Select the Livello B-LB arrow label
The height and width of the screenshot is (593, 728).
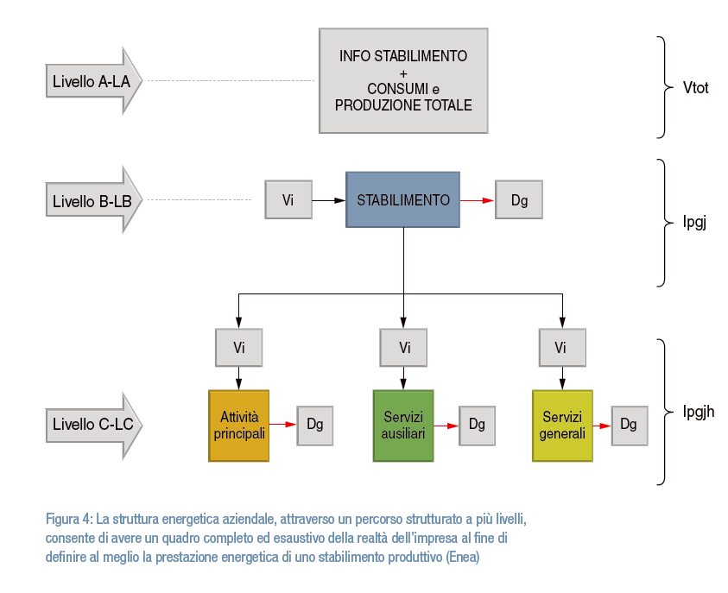(x=91, y=200)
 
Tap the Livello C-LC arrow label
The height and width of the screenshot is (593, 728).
(x=91, y=425)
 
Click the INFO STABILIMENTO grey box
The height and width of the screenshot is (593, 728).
(x=402, y=80)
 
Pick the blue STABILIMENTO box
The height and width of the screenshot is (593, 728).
(x=402, y=199)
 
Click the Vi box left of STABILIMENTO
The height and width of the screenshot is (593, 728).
(x=288, y=200)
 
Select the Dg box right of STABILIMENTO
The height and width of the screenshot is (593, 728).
(x=518, y=200)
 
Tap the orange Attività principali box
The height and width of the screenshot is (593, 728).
(x=238, y=426)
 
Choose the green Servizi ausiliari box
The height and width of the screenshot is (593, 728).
(x=402, y=426)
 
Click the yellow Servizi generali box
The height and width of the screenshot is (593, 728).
(x=562, y=426)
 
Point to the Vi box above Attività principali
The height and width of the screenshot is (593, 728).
(x=238, y=348)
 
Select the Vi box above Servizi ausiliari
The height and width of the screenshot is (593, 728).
(x=403, y=348)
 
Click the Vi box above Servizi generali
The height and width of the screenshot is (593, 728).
(x=562, y=348)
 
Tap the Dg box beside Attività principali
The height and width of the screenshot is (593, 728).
(x=314, y=425)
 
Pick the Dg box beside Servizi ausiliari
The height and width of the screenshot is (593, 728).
(x=477, y=425)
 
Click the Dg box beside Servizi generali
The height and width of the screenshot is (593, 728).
(x=629, y=425)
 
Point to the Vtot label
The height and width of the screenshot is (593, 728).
(x=695, y=87)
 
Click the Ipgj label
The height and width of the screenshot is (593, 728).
(x=694, y=223)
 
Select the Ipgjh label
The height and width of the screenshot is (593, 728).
(x=699, y=411)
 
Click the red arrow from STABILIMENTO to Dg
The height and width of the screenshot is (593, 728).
(x=477, y=200)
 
